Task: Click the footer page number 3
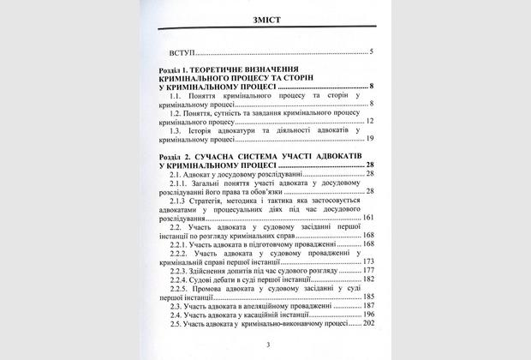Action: pyautogui.click(x=267, y=344)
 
